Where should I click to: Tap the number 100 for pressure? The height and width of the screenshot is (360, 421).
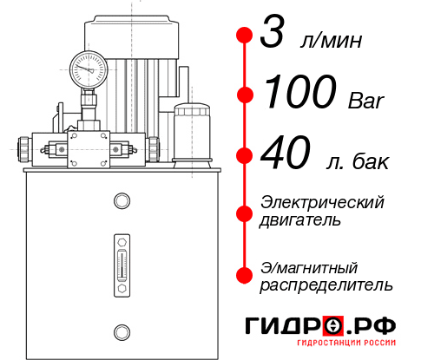coord(300,93)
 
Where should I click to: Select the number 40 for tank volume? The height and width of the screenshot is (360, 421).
coord(286,156)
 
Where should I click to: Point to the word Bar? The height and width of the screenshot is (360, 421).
coord(365,98)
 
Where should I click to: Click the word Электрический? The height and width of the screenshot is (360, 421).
coord(322,202)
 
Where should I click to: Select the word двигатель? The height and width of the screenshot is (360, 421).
coord(300,220)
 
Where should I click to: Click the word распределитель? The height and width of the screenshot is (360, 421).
coord(326,285)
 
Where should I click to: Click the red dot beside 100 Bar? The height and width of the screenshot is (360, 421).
coord(246,94)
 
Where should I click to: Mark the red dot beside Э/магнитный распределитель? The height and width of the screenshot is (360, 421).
coord(246,275)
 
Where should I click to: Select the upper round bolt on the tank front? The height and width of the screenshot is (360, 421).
coord(121,201)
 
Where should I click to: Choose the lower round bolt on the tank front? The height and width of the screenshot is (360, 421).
coord(121,330)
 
